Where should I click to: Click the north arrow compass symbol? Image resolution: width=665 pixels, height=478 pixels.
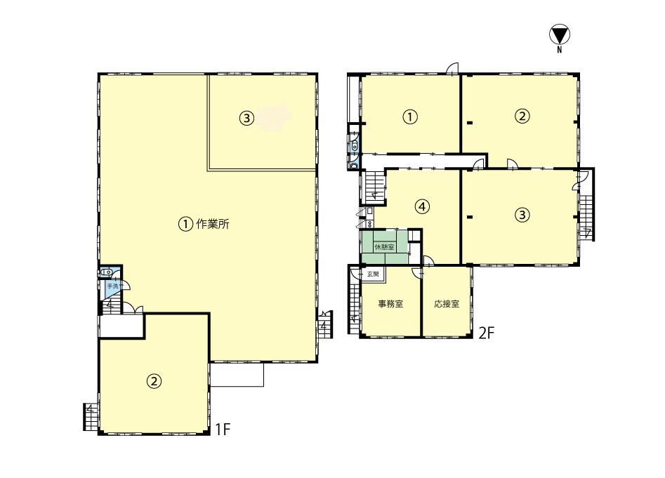[x=560, y=35]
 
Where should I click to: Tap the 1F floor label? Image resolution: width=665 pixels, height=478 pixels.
[x=222, y=430]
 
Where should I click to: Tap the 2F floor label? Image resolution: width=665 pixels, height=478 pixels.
[x=487, y=333]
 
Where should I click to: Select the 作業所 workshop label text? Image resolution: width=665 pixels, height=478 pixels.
[x=213, y=224]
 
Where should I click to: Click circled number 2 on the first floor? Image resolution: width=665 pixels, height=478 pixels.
[x=154, y=381]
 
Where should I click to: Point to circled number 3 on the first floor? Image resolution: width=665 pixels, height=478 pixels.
[x=247, y=118]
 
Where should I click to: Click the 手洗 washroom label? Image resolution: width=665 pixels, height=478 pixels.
[x=113, y=286]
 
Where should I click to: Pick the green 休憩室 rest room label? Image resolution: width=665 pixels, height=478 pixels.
[x=384, y=246]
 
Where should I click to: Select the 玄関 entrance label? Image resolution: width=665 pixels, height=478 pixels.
[x=373, y=274]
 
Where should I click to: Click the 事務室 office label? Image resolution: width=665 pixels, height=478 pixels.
[x=390, y=304]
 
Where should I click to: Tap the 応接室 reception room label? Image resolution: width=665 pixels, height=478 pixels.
[x=447, y=304]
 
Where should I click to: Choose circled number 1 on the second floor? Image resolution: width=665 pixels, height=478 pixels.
[x=409, y=117]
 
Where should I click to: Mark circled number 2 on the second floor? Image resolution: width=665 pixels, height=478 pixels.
[x=522, y=116]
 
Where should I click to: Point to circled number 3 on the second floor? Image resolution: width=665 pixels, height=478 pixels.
[x=522, y=215]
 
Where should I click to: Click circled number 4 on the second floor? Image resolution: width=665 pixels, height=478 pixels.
[x=422, y=206]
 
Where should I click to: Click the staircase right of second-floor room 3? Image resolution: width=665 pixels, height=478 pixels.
[x=586, y=218]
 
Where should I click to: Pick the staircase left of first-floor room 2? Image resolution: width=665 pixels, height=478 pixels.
[x=91, y=416]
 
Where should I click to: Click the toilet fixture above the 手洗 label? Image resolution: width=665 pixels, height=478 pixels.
[x=105, y=272]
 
